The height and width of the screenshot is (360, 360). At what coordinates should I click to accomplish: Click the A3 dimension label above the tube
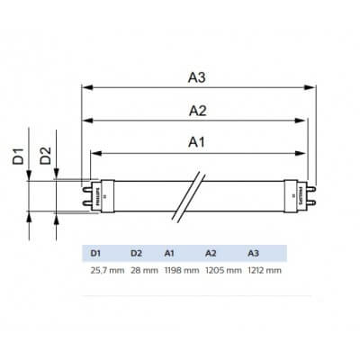coord(197,77)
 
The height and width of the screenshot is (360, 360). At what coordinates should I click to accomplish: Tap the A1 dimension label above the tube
coord(197,141)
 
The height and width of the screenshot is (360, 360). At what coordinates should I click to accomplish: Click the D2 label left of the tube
coord(45,158)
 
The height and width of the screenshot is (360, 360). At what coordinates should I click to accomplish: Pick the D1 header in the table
coord(97,253)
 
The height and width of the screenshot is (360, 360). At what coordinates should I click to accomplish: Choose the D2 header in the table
coord(137,253)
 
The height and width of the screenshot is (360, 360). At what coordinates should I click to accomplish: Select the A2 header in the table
coord(212,253)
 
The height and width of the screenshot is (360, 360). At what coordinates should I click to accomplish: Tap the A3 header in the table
coord(253,253)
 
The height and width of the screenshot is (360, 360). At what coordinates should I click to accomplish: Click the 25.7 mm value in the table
coord(106,269)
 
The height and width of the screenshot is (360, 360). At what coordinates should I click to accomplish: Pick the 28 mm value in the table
coord(143,269)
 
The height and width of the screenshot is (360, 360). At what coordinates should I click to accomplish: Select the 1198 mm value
coord(182,269)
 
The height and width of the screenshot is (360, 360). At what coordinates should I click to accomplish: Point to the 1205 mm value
coord(223,269)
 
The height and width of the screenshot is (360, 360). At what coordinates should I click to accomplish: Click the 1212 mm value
coord(263,269)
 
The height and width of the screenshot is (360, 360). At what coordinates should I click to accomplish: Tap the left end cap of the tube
coord(98,195)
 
